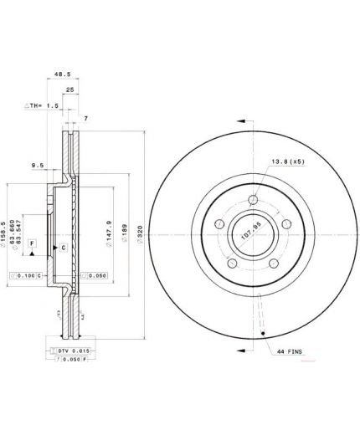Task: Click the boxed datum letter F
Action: click(x=32, y=243)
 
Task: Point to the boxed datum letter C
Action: click(x=64, y=248)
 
